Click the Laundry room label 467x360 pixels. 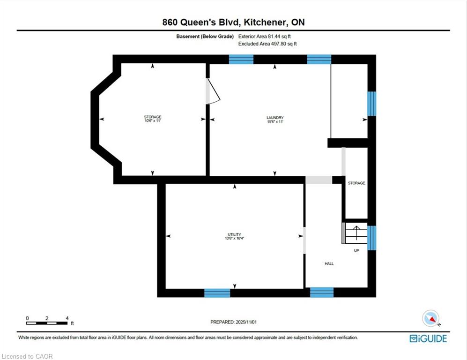pos(275,118)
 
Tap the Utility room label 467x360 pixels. pos(234,234)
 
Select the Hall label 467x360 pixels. pos(329,264)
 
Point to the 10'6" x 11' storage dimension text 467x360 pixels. pos(153,121)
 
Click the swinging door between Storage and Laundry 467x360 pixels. pos(213,91)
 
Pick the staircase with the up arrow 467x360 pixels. pos(355,233)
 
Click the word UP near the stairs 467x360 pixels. pos(356,251)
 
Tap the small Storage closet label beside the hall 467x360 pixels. pos(356,183)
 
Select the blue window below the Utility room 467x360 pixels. pos(217,293)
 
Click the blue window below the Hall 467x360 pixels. pos(322,292)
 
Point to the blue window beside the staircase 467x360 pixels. pos(372,238)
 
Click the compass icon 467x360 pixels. pos(431,319)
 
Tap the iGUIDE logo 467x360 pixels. pos(428,338)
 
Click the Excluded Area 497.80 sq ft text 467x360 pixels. pos(267,44)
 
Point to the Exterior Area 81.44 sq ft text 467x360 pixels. pos(265,37)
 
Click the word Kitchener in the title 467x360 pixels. pos(265,22)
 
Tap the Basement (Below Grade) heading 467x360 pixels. pos(205,37)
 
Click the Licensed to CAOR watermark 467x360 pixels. pos(27,356)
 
